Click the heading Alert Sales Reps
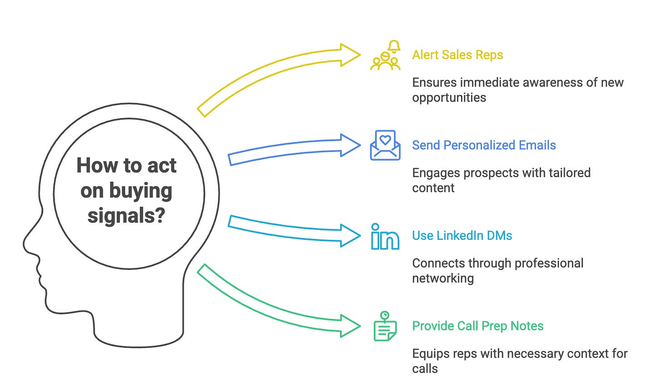tap(457, 55)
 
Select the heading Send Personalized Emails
tap(484, 145)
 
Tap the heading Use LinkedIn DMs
tap(462, 236)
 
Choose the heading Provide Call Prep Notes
tap(477, 326)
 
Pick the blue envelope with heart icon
tap(385, 145)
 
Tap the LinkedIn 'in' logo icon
tap(385, 237)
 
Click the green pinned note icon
tap(385, 326)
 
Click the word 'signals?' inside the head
tap(126, 215)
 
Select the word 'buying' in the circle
tap(140, 191)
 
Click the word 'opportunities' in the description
tap(449, 98)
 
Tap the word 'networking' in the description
tap(443, 279)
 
